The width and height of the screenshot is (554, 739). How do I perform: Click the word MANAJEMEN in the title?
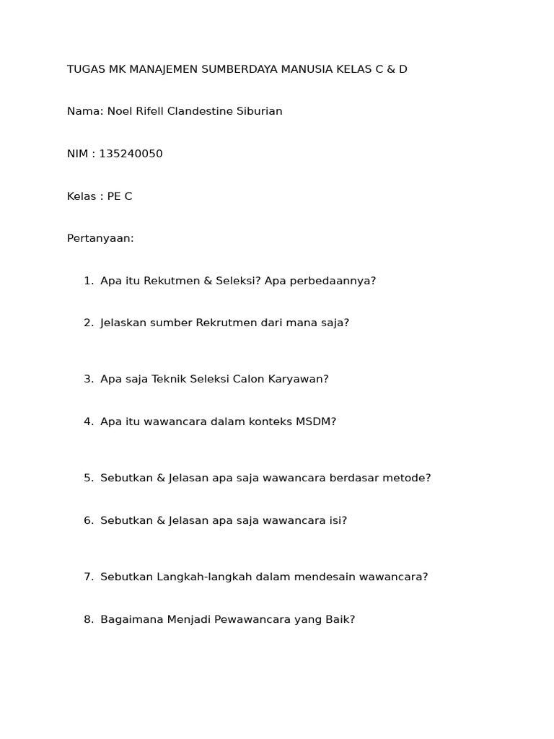pos(163,69)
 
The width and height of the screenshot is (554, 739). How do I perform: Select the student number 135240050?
pos(131,154)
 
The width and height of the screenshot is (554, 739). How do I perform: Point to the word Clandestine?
pos(200,111)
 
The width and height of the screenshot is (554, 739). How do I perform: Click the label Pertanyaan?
pos(100,238)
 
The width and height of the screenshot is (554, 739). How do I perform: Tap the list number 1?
pos(87,281)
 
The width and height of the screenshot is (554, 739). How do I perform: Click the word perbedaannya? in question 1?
pos(333,281)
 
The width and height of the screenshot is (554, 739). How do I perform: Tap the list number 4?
pos(88,421)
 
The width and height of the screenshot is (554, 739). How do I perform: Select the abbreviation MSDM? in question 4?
pos(316,421)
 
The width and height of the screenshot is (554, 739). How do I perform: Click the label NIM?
pos(78,154)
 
